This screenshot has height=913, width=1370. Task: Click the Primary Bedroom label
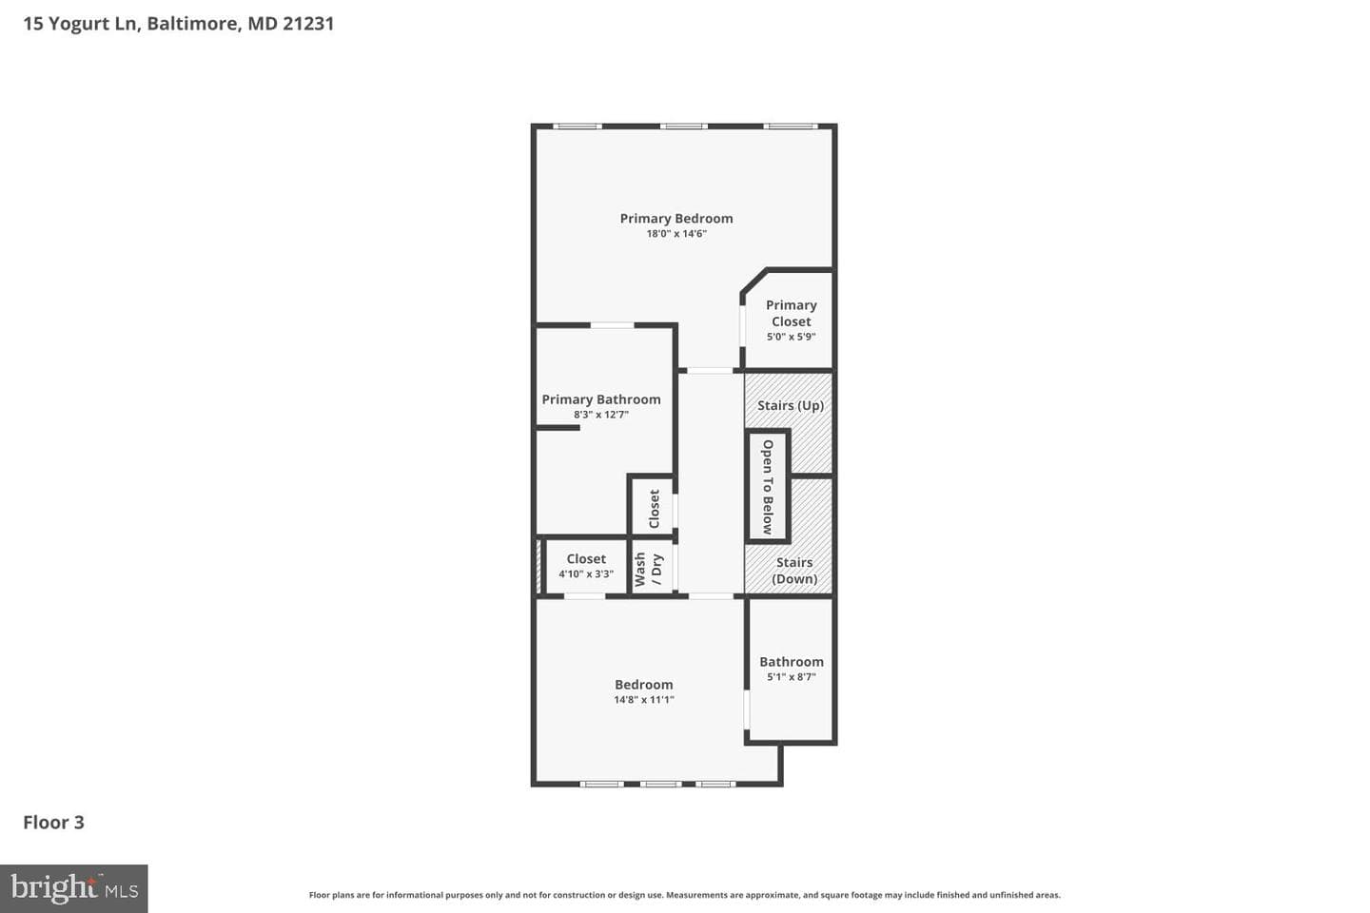pos(675,219)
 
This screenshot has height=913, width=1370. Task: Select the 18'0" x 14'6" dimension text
pos(676,234)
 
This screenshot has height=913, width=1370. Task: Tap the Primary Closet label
pos(791,313)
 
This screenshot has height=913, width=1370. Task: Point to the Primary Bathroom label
pos(601,399)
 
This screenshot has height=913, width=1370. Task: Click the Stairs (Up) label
pos(791,405)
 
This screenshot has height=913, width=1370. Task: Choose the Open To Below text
pos(768,487)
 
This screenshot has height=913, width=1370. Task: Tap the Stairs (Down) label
pos(793,571)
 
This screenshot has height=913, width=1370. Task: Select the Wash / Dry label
pos(648,570)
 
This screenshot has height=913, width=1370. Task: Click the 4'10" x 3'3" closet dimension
pos(586,574)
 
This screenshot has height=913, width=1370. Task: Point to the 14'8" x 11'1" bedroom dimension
pos(644,700)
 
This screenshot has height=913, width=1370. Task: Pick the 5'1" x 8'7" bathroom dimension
pos(792,677)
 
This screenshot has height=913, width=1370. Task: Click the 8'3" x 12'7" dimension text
pos(601,415)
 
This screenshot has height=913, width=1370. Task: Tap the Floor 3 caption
pos(54,823)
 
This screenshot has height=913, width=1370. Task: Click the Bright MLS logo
pos(74,888)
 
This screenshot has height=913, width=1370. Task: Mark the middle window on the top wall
pos(684,126)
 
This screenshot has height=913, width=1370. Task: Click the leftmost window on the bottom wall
pos(602,784)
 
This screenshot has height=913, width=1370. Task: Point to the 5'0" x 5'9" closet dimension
pos(792,337)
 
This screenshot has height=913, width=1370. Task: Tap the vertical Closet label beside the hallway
pos(654,509)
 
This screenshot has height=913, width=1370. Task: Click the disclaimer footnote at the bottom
pos(684,895)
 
